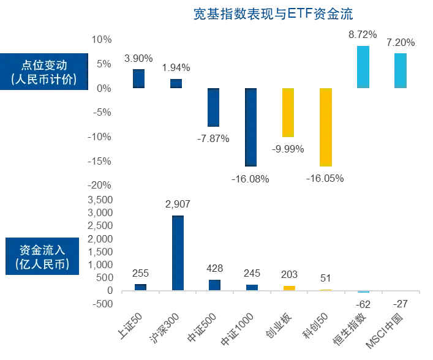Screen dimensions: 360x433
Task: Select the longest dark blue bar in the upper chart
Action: (252, 127)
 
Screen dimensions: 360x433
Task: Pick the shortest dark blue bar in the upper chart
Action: (177, 83)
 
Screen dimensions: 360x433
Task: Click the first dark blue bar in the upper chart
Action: (139, 78)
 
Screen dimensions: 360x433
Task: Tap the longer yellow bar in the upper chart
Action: (325, 127)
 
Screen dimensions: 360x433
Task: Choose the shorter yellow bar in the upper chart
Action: (287, 112)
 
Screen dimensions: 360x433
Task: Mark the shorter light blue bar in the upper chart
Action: (399, 69)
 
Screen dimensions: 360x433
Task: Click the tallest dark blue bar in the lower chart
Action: (178, 252)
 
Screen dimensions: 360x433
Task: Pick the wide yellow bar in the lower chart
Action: (288, 287)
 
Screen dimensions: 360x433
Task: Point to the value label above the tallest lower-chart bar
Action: (177, 203)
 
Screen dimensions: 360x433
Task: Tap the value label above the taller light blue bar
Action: (362, 34)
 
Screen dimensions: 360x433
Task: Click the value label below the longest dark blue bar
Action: (250, 178)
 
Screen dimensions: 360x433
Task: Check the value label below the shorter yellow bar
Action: (288, 149)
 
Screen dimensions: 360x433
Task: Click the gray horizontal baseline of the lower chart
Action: (269, 291)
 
